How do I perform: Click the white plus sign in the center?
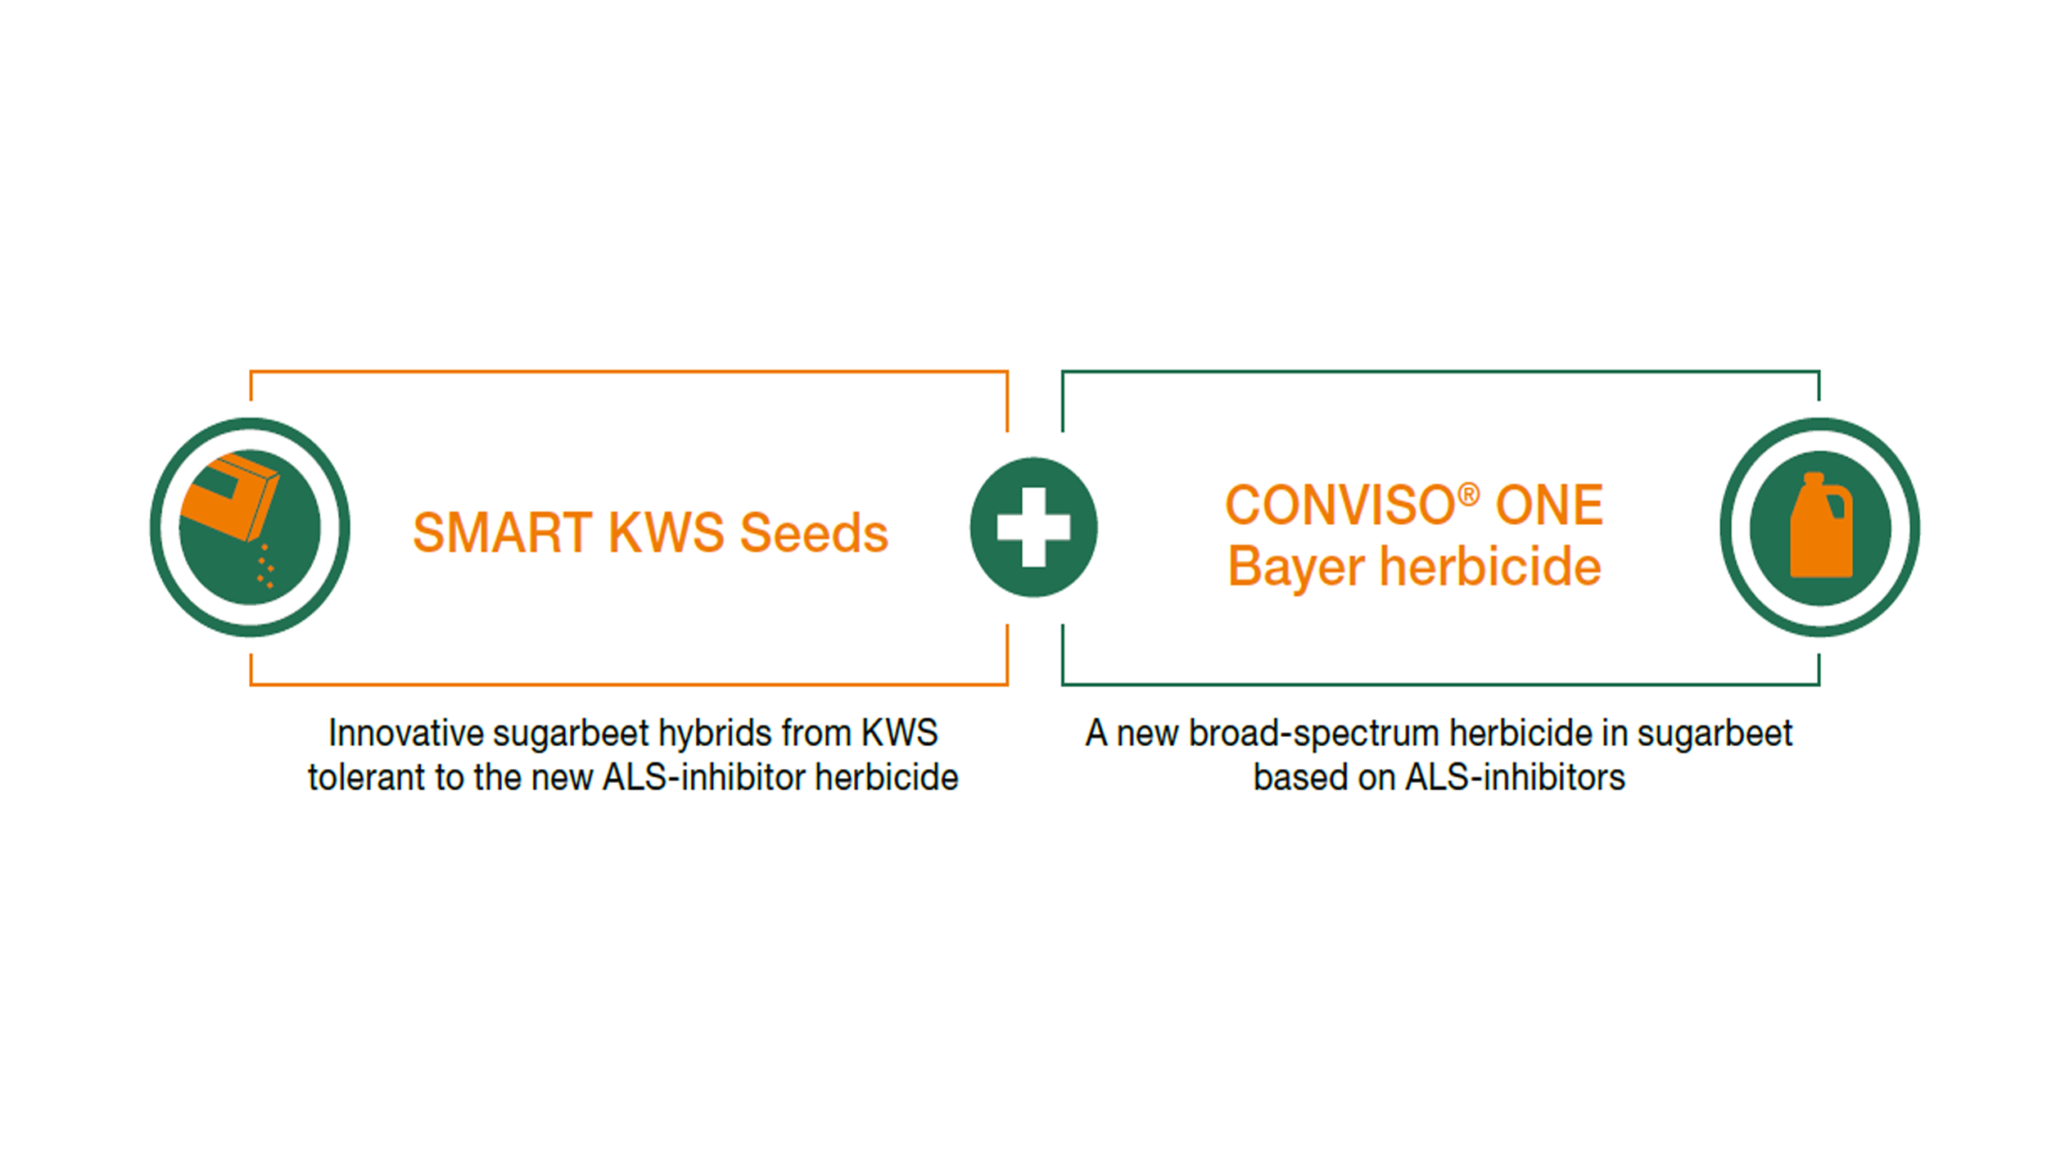1033,527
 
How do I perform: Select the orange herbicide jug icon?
1821,525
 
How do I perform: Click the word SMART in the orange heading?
503,533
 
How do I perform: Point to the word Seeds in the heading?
814,533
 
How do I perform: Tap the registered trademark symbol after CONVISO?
1469,494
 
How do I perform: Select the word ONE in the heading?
1549,504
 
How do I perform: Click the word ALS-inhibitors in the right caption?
1515,777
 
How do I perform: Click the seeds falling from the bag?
265,566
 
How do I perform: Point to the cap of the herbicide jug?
1814,478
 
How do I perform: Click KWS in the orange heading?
666,533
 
